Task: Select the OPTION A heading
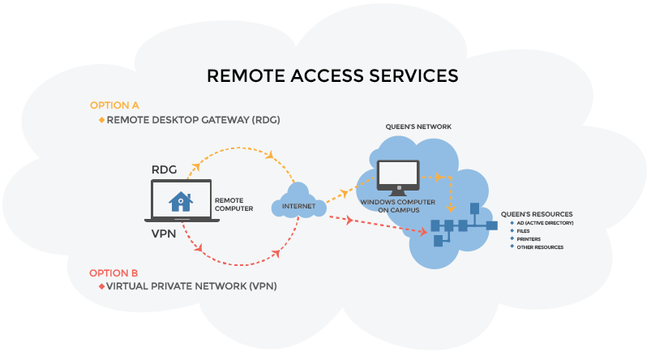pos(114,105)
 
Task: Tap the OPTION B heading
pos(114,272)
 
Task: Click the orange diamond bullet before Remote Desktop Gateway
pos(101,120)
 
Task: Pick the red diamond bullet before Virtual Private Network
pos(101,287)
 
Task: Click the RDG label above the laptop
pos(165,169)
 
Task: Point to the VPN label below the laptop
pos(165,234)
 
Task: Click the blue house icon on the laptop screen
pos(179,201)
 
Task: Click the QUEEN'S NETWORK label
pos(419,127)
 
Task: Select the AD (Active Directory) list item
pos(545,223)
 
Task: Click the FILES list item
pos(523,231)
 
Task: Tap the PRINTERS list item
pos(528,239)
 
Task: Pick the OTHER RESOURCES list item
pos(539,247)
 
